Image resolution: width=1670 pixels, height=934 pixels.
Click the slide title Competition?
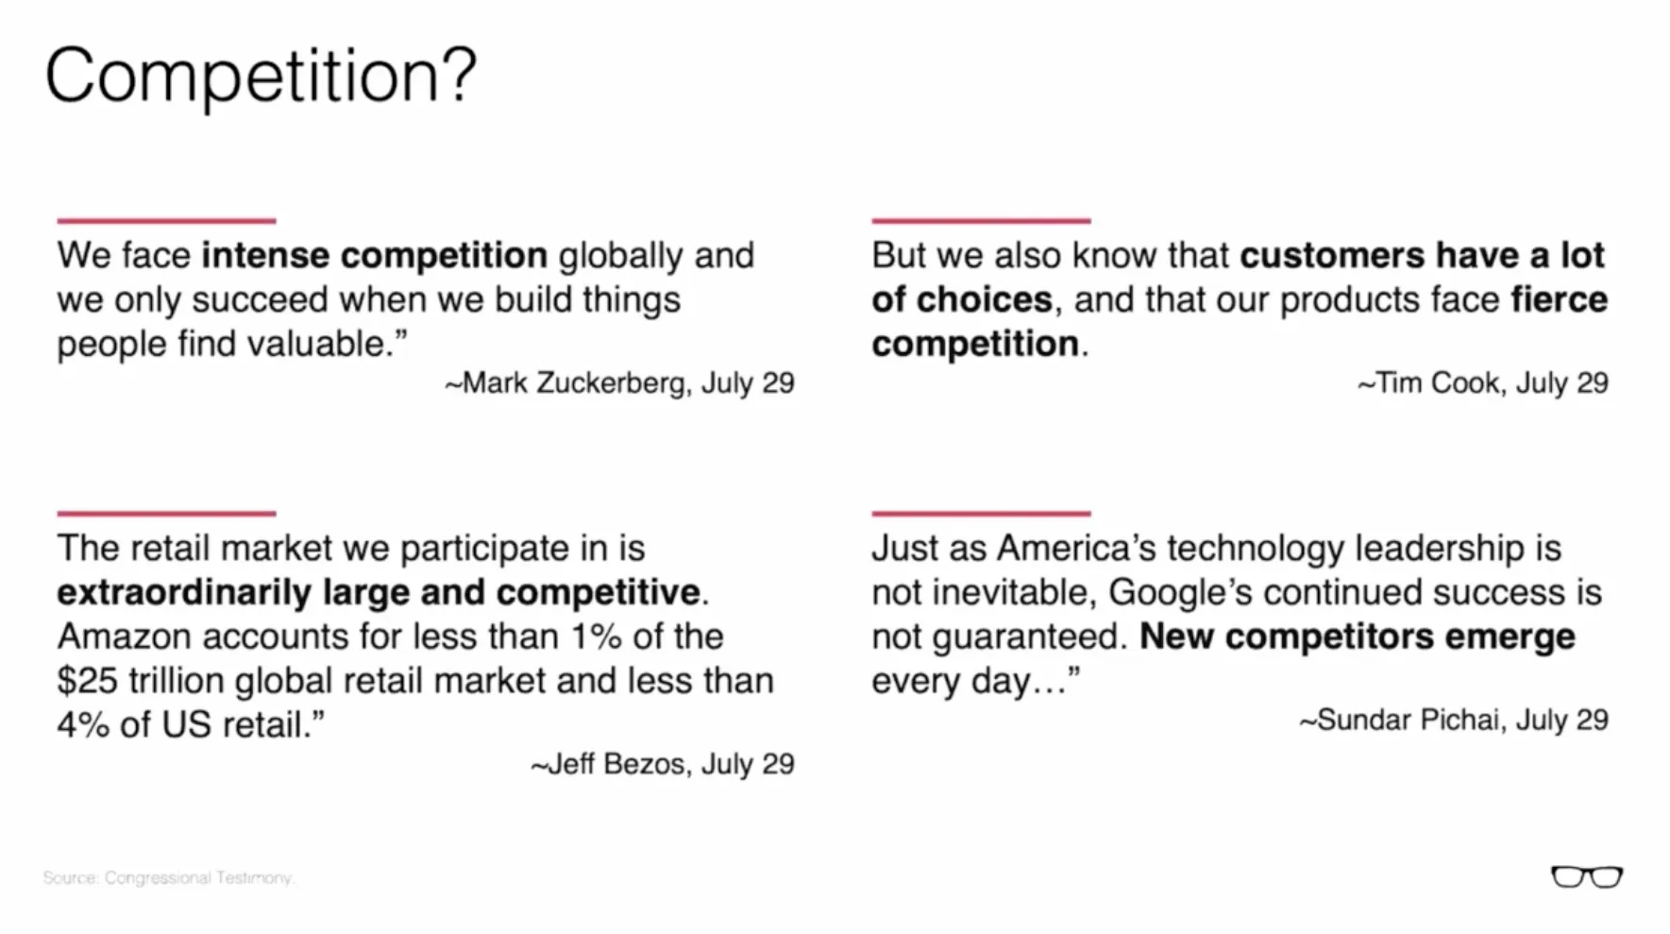point(261,77)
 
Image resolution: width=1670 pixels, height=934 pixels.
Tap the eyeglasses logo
point(1587,877)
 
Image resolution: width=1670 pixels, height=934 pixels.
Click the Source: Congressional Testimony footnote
point(169,877)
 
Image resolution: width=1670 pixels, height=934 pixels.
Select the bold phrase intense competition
point(374,255)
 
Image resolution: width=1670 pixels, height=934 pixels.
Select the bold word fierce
point(1560,299)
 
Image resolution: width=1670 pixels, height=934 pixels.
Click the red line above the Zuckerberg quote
point(166,221)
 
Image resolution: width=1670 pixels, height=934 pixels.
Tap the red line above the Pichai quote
point(982,514)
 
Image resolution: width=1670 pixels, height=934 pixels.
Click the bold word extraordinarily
point(184,592)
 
